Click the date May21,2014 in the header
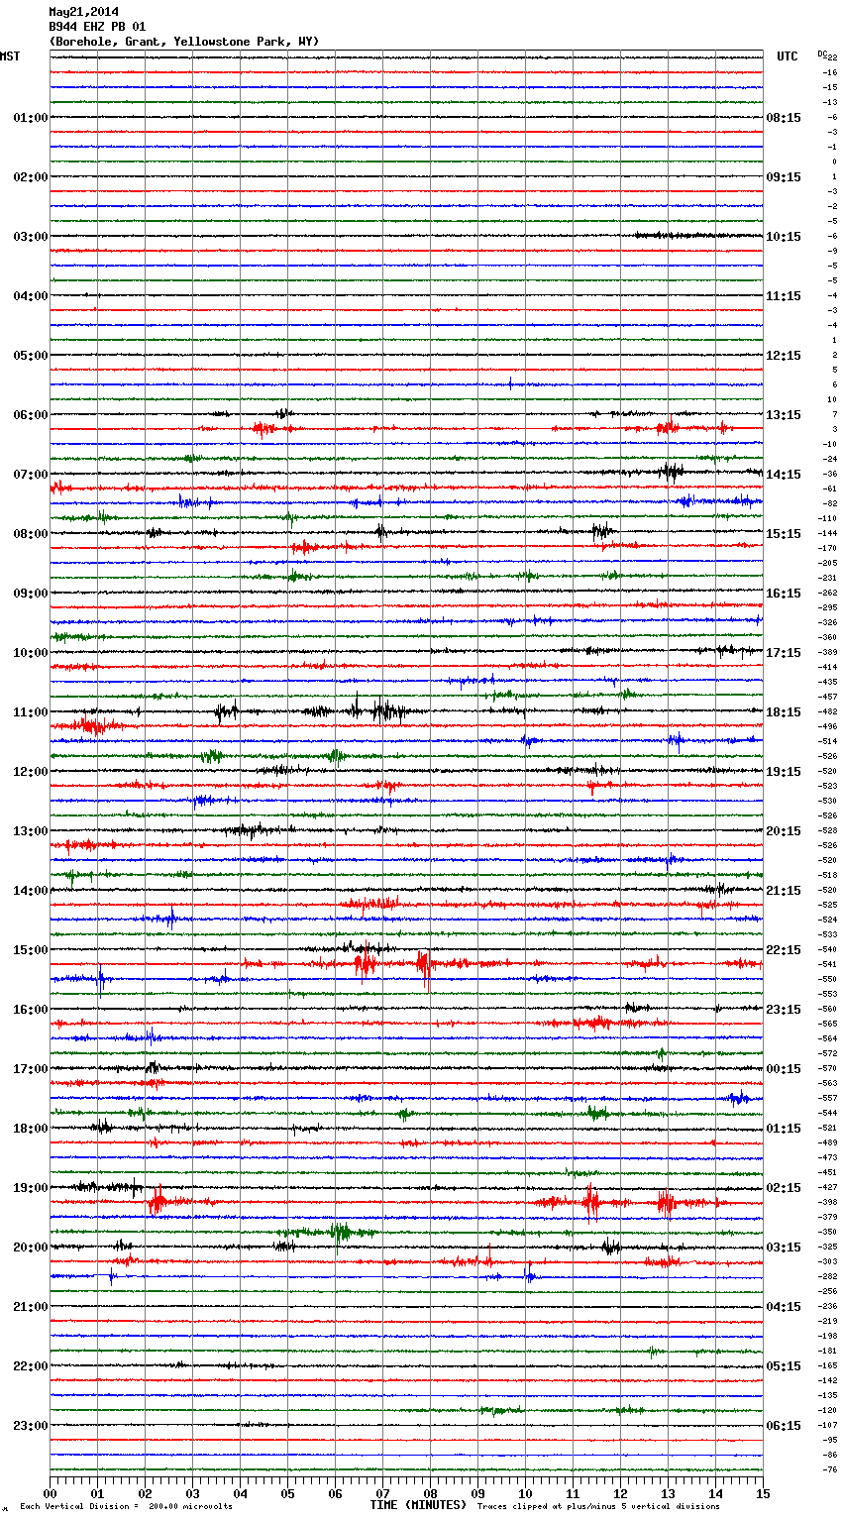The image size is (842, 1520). coord(82,12)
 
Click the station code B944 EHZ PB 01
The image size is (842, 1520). coord(96,27)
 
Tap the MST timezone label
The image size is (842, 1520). coord(10,56)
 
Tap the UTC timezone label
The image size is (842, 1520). coord(788,56)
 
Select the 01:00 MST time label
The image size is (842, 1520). coord(30,118)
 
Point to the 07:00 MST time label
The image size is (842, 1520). coord(30,475)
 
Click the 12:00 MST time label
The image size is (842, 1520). coord(30,772)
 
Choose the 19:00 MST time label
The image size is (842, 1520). coord(30,1188)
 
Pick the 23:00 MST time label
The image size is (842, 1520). coord(30,1426)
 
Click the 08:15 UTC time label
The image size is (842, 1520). coord(784,118)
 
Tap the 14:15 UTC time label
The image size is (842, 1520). coord(784,475)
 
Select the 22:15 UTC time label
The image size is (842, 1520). coord(784,950)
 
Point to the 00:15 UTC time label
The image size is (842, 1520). coord(784,1069)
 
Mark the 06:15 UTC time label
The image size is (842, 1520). coord(784,1426)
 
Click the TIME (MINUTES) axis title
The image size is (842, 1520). coord(418,1505)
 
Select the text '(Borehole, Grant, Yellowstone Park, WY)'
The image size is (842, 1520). coord(183,42)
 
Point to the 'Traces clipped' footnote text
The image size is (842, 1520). coord(598,1506)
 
